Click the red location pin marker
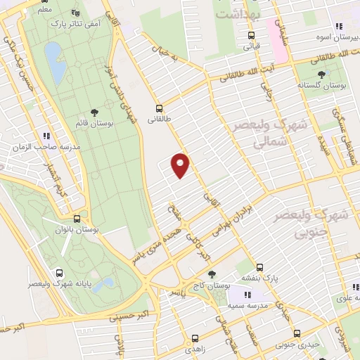click(181, 165)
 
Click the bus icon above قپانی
click(251, 35)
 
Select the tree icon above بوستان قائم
click(96, 112)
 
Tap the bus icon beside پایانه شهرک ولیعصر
click(59, 273)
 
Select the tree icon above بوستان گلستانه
click(321, 73)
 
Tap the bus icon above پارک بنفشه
click(259, 267)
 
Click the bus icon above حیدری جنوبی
click(297, 333)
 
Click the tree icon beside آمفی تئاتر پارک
click(75, 13)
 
